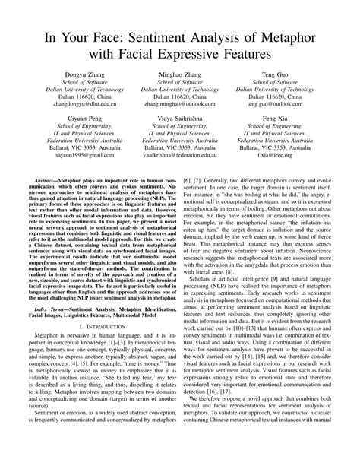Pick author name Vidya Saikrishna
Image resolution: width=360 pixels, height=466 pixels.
click(x=180, y=120)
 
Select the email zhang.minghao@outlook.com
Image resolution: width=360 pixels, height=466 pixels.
click(x=180, y=104)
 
